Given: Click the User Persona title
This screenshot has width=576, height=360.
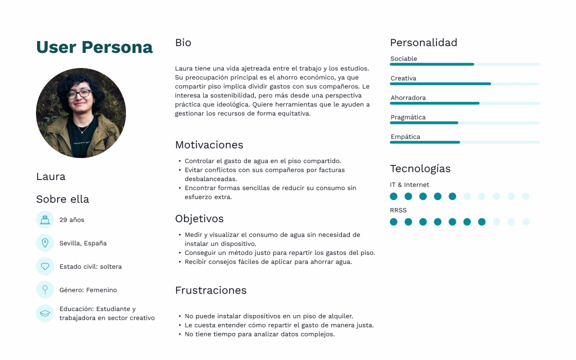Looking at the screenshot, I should (94, 47).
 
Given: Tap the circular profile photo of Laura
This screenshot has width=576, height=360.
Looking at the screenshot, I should (81, 113).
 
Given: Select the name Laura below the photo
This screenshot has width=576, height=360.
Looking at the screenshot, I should (51, 177).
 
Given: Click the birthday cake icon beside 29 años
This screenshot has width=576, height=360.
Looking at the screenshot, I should (44, 219).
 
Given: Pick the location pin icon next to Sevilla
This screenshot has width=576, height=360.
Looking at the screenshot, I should (44, 243).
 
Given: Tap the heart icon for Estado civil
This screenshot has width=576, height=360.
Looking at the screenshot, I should (44, 266).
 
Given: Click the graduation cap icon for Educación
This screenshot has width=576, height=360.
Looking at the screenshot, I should (44, 313).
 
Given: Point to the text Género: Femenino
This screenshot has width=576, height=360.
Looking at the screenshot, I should (88, 290).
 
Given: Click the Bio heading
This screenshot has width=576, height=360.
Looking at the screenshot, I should (183, 43).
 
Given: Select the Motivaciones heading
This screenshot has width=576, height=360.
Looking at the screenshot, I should (209, 145).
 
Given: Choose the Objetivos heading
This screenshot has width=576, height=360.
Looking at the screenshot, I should (199, 219).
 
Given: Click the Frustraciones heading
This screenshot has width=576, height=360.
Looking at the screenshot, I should (211, 290).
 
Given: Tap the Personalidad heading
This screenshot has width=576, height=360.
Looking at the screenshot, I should (424, 43).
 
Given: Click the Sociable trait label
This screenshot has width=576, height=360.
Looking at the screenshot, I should (404, 59).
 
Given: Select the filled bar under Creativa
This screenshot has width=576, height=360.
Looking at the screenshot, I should (440, 84).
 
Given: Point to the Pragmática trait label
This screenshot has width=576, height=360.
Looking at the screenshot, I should (408, 118).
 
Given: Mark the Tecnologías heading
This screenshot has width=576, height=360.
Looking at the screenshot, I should (420, 169).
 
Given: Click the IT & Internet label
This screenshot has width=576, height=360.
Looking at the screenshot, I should (409, 184).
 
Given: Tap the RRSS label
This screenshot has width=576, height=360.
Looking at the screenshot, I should (398, 210).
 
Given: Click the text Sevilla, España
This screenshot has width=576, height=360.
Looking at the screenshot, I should (83, 243).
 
